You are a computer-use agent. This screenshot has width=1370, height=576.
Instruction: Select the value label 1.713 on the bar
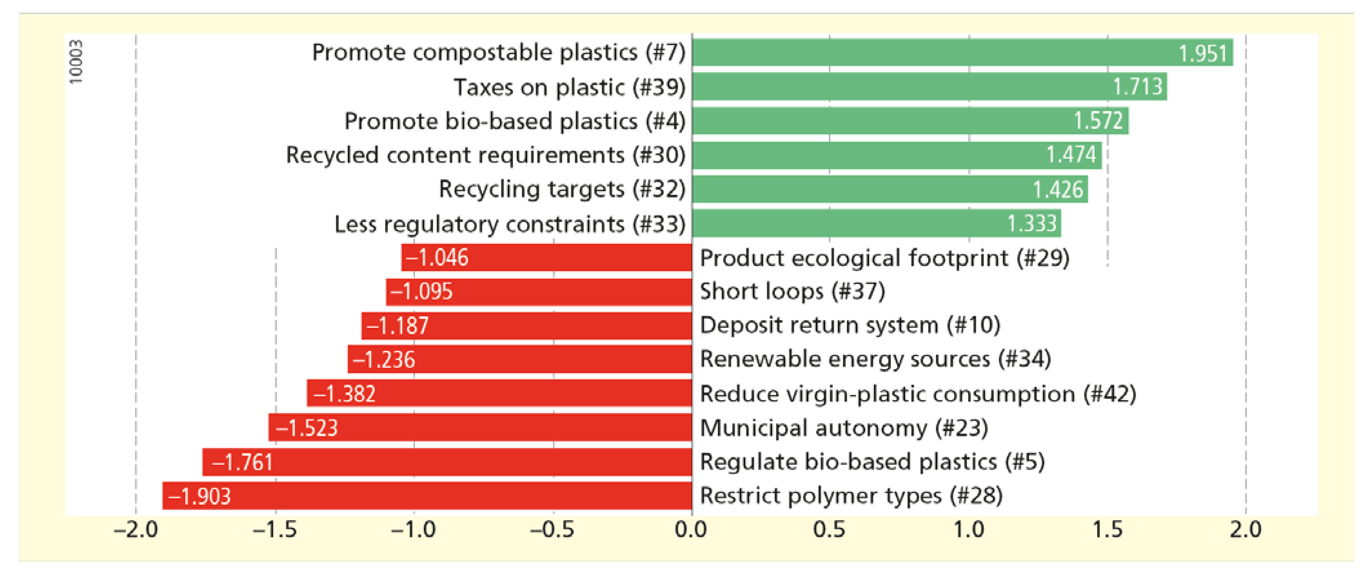(1138, 87)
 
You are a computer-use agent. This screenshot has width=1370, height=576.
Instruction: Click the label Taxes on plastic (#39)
(569, 87)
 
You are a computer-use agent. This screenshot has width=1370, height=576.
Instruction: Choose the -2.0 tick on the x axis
(136, 530)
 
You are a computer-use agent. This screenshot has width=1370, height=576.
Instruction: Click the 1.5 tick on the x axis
(1108, 530)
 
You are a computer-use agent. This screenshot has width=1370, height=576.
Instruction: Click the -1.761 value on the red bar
(242, 462)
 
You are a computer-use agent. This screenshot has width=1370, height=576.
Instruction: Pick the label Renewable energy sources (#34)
(875, 359)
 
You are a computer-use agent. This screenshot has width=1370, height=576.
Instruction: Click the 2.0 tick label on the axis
(1245, 530)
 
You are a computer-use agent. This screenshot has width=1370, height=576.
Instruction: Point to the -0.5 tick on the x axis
(553, 530)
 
